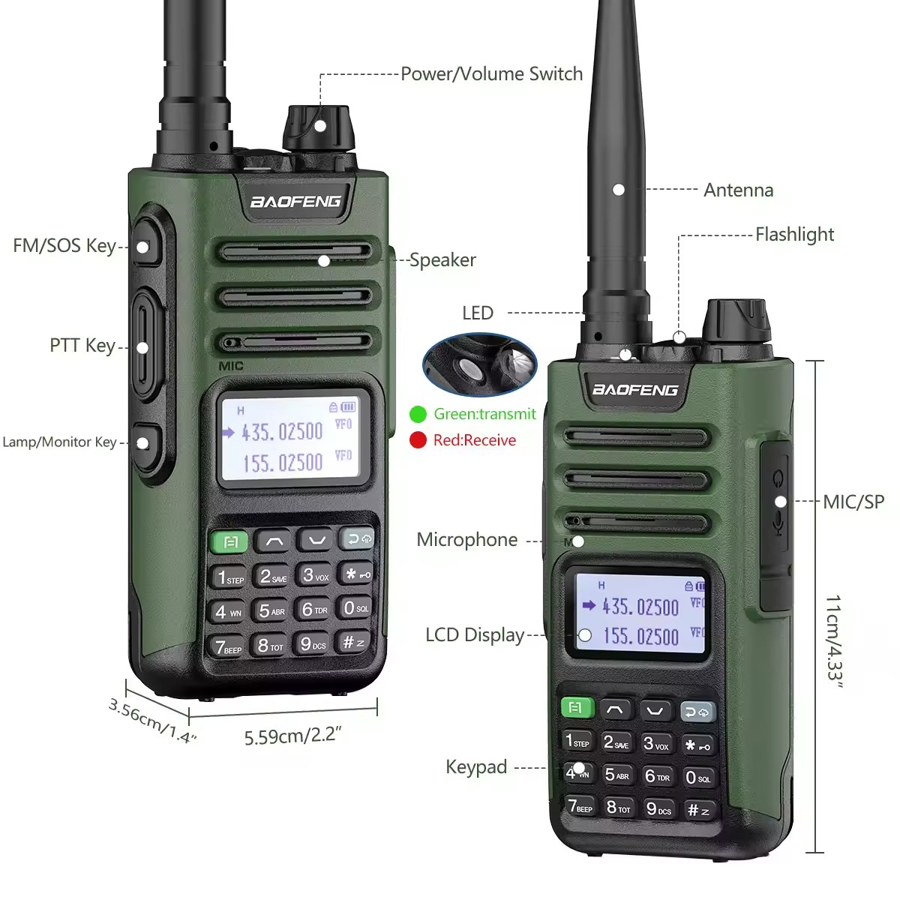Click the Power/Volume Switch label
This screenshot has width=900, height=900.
point(491,73)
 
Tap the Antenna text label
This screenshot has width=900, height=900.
point(738,190)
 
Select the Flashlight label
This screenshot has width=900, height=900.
point(794,235)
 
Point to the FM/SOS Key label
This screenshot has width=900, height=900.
point(64,246)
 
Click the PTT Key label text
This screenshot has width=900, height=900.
point(82,346)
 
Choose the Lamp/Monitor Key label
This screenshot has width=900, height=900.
point(59,442)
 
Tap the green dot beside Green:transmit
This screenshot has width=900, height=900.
point(418,414)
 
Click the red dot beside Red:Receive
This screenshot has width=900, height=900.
point(418,440)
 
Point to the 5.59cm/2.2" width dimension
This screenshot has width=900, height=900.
point(292,736)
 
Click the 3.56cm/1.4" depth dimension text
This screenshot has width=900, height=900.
point(152,721)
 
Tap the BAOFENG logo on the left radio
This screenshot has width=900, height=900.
point(295,201)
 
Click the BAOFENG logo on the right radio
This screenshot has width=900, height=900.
point(635,389)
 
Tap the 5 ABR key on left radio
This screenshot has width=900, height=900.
point(271,611)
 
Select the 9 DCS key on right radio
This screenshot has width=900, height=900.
point(658,809)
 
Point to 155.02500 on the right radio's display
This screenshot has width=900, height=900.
point(641,637)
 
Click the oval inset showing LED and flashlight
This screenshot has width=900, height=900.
point(480,364)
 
